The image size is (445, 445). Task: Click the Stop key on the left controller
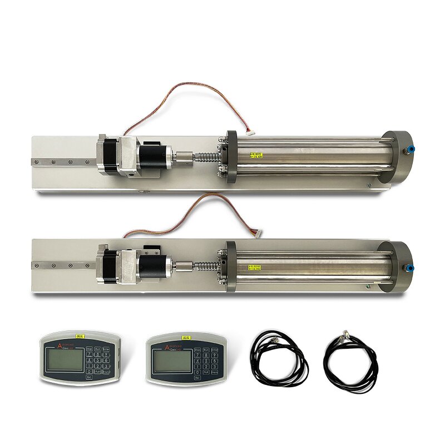89,349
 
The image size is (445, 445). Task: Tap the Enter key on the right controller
214,349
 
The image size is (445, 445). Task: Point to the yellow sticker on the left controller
80,336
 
